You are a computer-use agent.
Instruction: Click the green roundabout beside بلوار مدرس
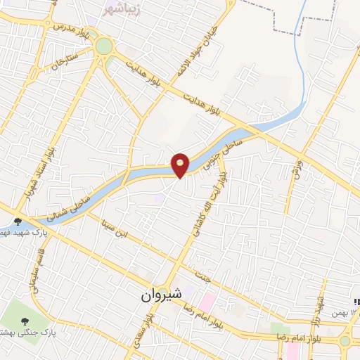(x=104, y=46)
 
